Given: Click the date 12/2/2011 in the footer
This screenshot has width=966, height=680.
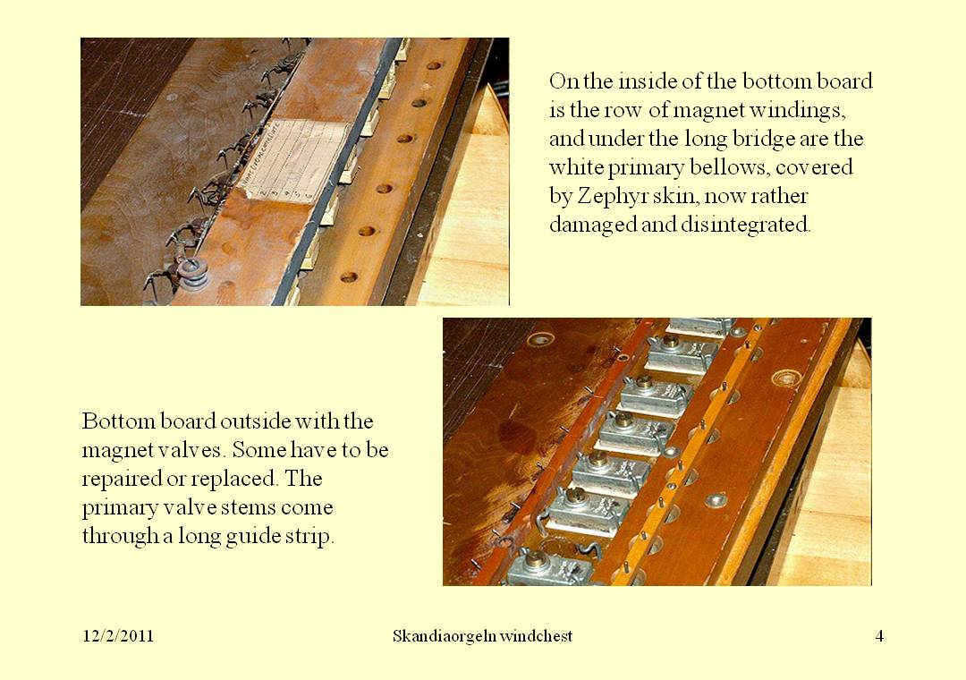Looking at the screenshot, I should [x=118, y=636].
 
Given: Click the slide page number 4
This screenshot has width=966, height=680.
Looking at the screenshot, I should [x=879, y=636].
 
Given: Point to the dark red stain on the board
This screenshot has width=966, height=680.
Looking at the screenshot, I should [x=516, y=436].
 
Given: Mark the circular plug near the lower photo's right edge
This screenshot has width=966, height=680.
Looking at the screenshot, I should [x=786, y=378].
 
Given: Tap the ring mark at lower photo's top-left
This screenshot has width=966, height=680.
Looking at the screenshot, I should [x=540, y=339].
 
